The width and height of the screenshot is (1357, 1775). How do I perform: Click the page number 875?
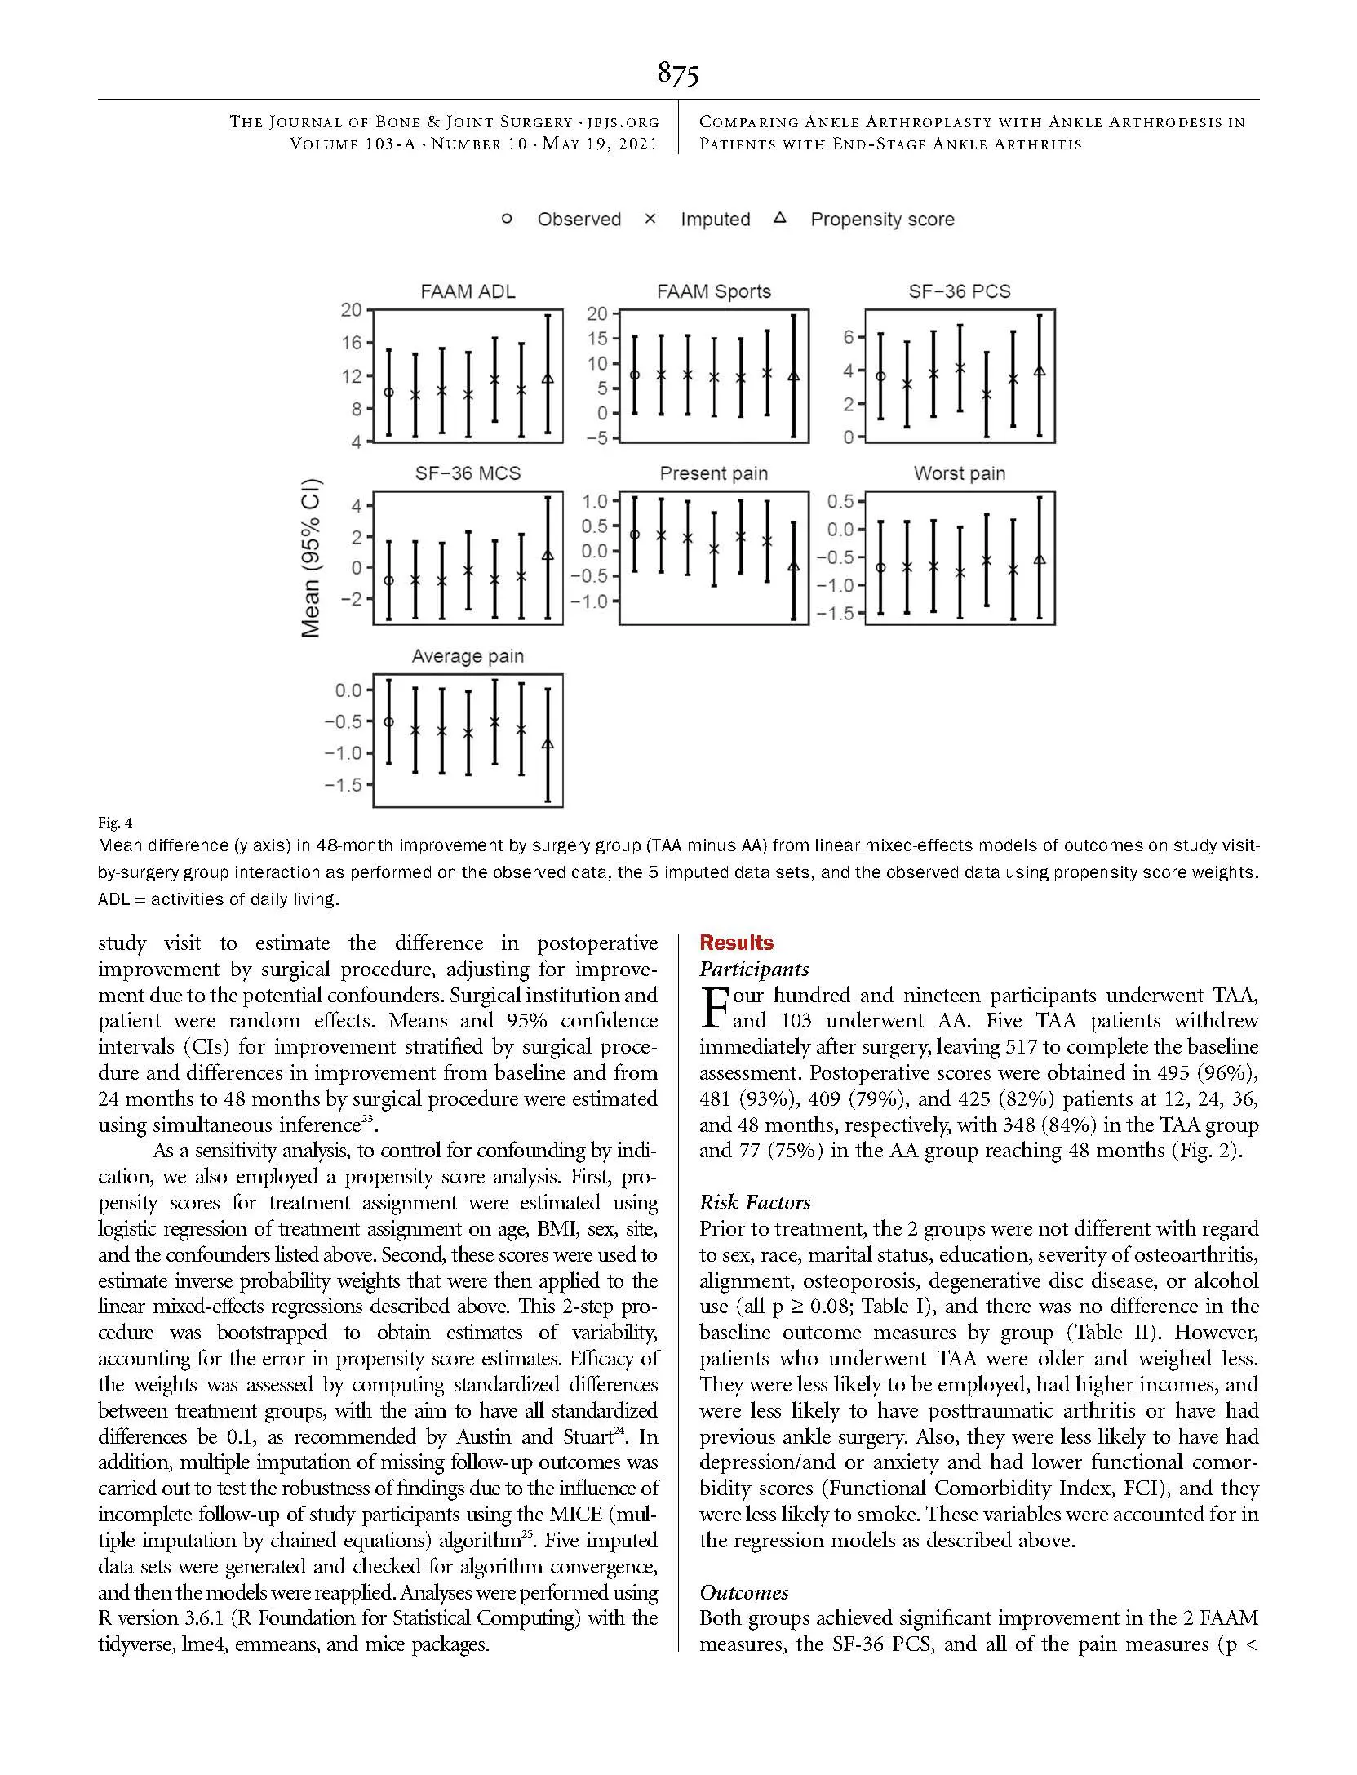(677, 74)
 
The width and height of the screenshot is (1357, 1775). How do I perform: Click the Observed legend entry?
(579, 220)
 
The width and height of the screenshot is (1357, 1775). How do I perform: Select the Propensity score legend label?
(881, 220)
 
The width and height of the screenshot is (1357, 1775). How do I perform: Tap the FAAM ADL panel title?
(468, 291)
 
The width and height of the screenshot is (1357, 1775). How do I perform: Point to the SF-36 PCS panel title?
(959, 291)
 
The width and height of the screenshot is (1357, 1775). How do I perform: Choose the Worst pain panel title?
(959, 473)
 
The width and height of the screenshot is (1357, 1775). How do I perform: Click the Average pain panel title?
(468, 656)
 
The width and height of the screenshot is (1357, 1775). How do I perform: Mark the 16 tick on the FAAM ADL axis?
(351, 343)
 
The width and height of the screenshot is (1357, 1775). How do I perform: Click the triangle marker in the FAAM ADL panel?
(548, 379)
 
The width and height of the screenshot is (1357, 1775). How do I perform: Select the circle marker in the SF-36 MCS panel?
(388, 581)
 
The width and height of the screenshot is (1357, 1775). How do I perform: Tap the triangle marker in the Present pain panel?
(794, 566)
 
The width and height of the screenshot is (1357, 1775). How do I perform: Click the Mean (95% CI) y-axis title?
(311, 557)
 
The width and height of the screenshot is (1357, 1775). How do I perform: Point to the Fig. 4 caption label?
(109, 822)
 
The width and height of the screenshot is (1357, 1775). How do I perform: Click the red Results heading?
(736, 943)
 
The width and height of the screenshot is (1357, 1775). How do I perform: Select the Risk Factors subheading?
(754, 1202)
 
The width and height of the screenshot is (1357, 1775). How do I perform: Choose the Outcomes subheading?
(743, 1592)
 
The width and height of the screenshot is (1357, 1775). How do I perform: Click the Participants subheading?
(753, 969)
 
